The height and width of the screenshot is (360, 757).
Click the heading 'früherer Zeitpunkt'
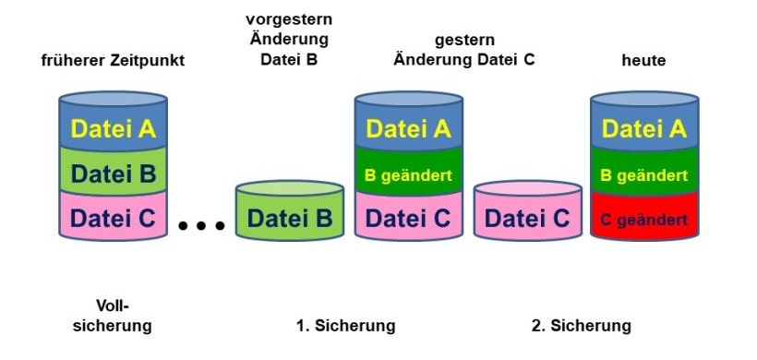(x=114, y=61)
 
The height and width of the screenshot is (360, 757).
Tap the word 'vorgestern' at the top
(x=289, y=18)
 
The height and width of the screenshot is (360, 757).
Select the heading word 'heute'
(x=644, y=61)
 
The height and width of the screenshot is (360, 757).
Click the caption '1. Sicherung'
(x=345, y=326)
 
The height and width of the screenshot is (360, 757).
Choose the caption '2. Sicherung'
(x=582, y=326)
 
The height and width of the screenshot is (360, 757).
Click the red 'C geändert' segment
(x=644, y=220)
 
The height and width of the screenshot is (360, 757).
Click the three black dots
(x=202, y=225)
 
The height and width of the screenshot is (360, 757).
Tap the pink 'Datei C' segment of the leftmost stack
(x=114, y=218)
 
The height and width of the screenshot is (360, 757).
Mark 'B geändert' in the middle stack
(x=409, y=174)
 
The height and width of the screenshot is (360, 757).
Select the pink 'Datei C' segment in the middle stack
(x=409, y=218)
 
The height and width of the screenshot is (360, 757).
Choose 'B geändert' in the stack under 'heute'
(x=644, y=174)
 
